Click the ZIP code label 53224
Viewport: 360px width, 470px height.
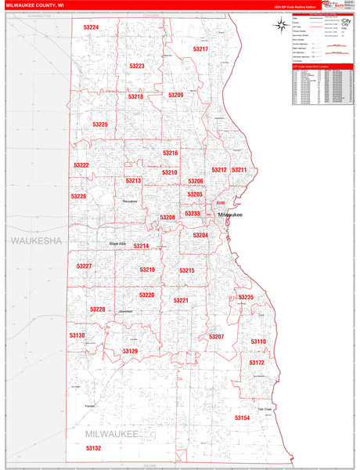91,27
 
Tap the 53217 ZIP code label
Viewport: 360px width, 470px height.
200,49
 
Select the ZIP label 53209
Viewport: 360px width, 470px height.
175,95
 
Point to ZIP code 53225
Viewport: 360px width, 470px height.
100,125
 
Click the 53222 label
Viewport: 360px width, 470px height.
81,165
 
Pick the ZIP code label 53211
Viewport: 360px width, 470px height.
239,170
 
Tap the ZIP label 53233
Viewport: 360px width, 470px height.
193,213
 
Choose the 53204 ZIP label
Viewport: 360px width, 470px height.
200,235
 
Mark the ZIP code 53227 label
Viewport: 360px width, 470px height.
85,266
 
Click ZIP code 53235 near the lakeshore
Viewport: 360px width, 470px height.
246,298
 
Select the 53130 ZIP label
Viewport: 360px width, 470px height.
77,335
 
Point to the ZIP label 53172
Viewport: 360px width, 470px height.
257,363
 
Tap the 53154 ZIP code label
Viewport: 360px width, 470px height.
242,418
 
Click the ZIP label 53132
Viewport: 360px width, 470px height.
94,448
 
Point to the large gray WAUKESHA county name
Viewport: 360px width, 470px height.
36,240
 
